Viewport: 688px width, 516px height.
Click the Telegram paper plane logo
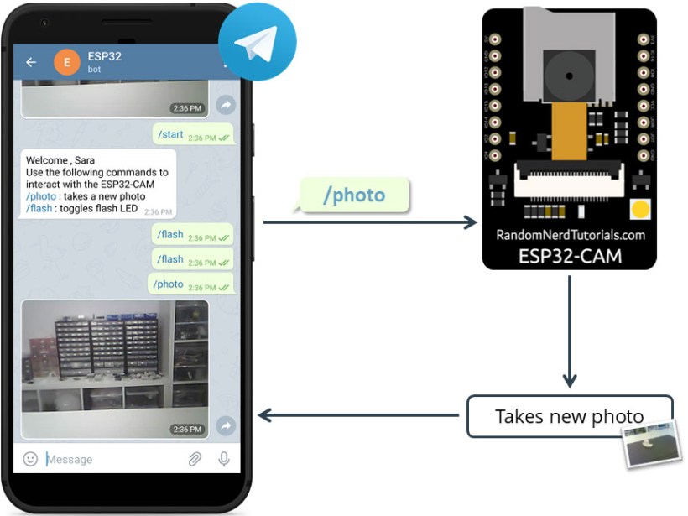[x=257, y=42]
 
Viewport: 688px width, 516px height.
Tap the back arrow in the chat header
[x=31, y=62]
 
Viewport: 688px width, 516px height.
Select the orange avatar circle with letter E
[x=67, y=63]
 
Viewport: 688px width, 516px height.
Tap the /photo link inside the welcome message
[x=41, y=196]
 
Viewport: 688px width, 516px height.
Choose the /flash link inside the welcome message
[x=39, y=208]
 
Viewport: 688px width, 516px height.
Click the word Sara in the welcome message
[x=84, y=160]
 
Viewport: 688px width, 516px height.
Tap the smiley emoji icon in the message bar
[x=30, y=459]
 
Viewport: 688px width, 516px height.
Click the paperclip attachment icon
[x=194, y=459]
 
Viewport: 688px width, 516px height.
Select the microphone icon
[x=224, y=459]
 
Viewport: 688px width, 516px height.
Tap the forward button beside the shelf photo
[x=225, y=426]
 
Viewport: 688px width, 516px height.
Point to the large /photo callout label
[x=354, y=195]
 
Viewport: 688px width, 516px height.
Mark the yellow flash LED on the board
[x=640, y=209]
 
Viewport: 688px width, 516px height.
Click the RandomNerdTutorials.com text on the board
[x=570, y=235]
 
